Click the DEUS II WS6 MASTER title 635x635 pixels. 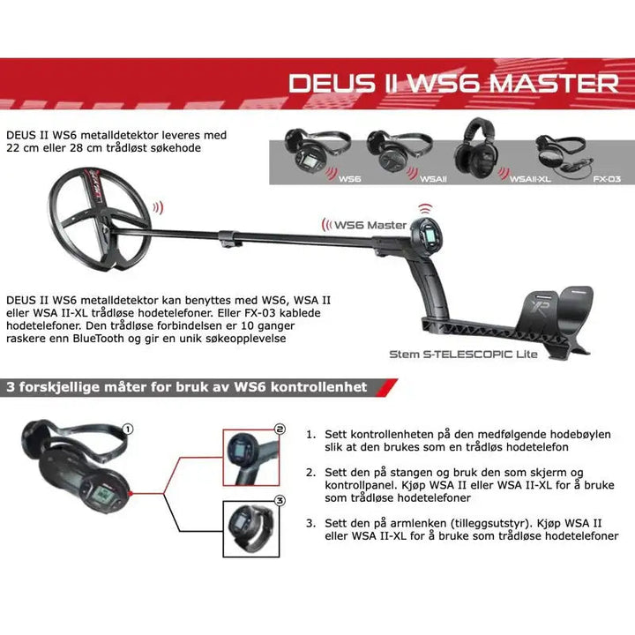[453, 83]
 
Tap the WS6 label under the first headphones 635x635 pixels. [349, 178]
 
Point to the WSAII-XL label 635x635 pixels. [532, 178]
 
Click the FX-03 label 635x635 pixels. [607, 178]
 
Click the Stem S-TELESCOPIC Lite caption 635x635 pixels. [464, 355]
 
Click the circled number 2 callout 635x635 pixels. [280, 430]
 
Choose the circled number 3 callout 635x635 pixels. [280, 500]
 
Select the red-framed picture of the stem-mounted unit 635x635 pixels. [250, 454]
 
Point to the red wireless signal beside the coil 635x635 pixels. [158, 208]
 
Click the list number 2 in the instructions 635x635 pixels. [310, 472]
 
